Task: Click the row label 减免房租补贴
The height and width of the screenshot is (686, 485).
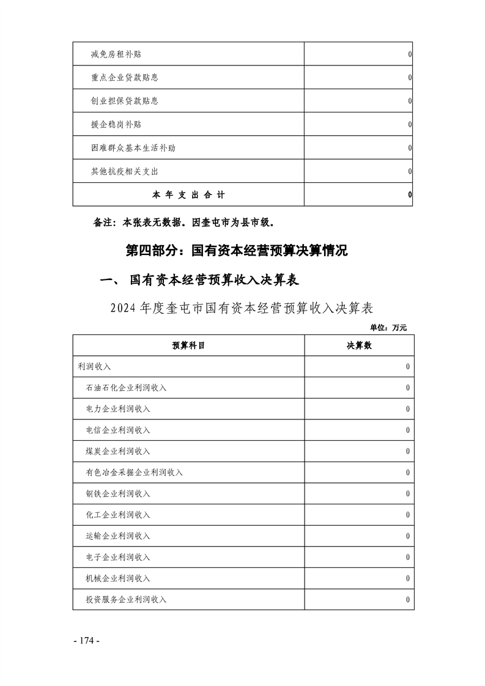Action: coord(116,55)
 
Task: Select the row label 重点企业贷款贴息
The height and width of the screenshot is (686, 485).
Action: coord(124,78)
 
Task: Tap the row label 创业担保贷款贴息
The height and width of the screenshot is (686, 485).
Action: coord(124,101)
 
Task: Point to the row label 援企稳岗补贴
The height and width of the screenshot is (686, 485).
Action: coord(116,124)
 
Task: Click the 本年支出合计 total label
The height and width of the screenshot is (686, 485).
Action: coord(188,194)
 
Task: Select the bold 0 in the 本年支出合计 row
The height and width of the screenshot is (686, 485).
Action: coord(409,194)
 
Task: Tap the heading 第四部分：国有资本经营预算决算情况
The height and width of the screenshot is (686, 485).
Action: coord(236,251)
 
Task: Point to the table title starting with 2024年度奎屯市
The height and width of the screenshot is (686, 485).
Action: coord(242,307)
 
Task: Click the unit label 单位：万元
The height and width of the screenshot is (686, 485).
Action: coord(388,328)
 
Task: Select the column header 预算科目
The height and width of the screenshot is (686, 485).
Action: coord(188,345)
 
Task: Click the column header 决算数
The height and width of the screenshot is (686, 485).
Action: coord(359,345)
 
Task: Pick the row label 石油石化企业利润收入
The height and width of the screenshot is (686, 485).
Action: coord(127,388)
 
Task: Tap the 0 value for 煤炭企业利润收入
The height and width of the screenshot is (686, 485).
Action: coord(407,451)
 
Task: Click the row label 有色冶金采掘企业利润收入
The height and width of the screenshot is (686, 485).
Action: coord(135,473)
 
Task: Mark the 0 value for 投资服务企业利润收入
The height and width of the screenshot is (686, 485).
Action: coord(407,600)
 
